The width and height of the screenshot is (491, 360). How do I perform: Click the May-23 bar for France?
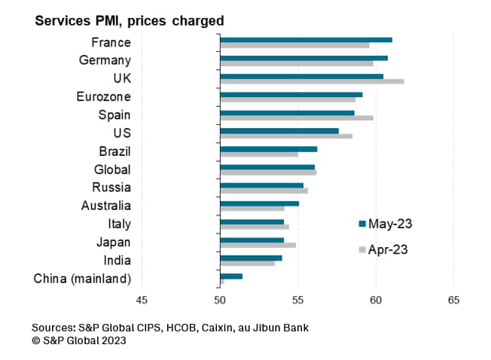pos(306,40)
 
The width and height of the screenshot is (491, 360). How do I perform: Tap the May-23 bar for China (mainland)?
pos(231,276)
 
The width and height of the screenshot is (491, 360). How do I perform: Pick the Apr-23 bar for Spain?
pos(297,117)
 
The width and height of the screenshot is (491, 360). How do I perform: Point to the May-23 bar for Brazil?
pos(268,149)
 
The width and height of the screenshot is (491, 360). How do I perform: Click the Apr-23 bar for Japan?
pos(258,245)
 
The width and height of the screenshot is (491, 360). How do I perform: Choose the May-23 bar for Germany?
pos(303,58)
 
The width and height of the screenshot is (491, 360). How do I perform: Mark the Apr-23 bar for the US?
pos(286,136)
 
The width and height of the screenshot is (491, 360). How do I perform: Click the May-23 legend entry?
pos(385,223)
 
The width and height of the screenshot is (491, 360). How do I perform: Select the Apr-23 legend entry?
pos(384,249)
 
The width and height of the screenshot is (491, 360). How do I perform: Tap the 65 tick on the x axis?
pos(453,301)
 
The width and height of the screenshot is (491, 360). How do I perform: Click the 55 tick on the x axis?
pos(297,301)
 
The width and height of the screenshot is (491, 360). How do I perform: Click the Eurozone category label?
pos(104,96)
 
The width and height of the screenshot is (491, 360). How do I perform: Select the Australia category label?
pos(106,206)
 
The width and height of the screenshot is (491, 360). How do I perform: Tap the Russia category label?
pos(111,188)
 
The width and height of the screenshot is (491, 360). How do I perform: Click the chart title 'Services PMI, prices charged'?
pos(130,21)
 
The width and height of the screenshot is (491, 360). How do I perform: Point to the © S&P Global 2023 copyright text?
pos(79,340)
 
